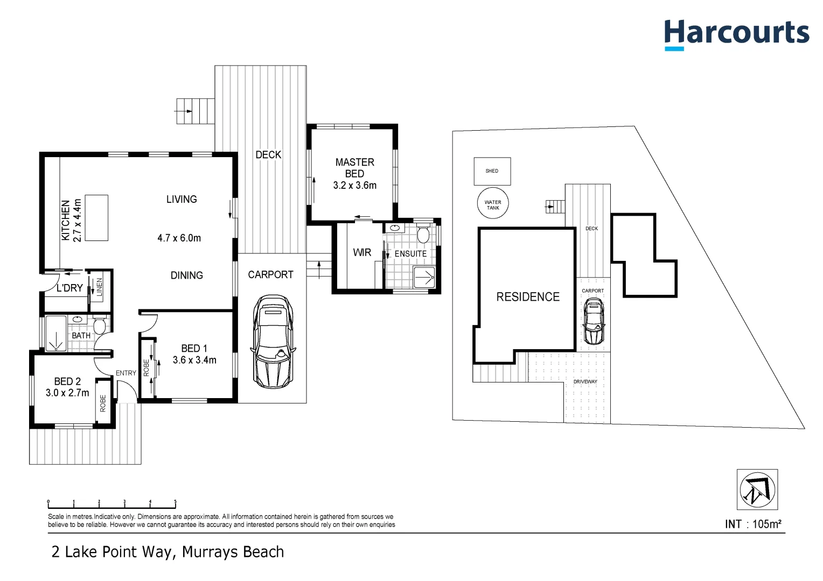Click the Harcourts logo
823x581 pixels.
(x=736, y=33)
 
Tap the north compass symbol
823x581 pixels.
(x=757, y=490)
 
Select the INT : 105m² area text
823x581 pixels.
(x=752, y=524)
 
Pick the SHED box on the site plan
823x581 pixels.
(x=492, y=171)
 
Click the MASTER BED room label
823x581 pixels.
(x=354, y=167)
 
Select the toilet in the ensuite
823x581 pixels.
(x=423, y=235)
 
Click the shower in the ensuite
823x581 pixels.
(x=424, y=277)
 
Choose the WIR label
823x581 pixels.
(x=362, y=252)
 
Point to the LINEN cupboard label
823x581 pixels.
(x=99, y=287)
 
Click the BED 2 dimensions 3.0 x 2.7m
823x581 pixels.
(x=67, y=393)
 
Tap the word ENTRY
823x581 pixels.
(x=126, y=373)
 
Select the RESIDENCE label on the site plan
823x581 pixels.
(x=528, y=297)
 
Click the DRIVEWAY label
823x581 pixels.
(x=585, y=381)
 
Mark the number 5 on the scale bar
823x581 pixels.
(x=175, y=502)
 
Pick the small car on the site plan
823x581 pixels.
(x=594, y=321)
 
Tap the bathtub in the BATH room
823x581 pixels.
(x=55, y=334)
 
